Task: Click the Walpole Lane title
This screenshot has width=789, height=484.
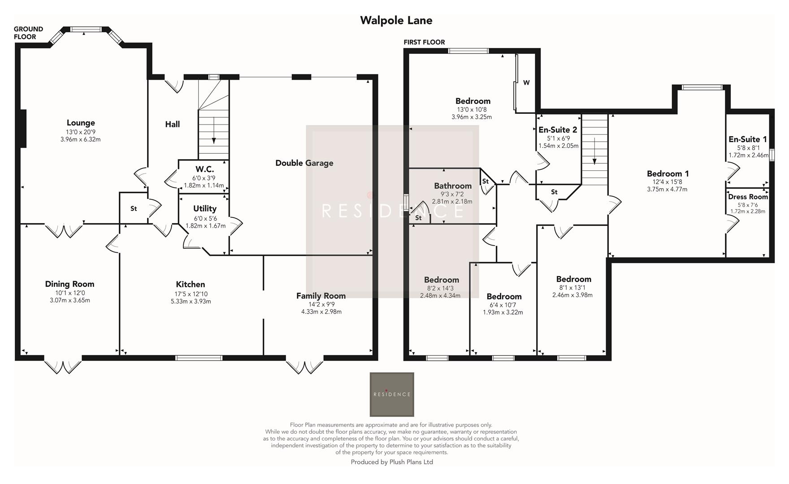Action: pos(396,20)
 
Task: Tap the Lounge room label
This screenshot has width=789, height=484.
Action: pos(81,123)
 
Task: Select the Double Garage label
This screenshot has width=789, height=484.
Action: pos(304,163)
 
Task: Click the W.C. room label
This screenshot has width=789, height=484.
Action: pos(204,169)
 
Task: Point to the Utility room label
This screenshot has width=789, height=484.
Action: pos(205,208)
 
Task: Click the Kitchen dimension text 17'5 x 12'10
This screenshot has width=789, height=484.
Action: pos(191,294)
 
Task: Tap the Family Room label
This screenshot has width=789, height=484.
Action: pos(321,296)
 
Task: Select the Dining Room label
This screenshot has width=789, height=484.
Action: pos(69,284)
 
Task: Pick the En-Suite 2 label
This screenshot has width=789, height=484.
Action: pos(558,130)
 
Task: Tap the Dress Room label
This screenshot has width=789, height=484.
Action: pos(748,197)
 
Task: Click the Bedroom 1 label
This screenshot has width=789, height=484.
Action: pos(668,174)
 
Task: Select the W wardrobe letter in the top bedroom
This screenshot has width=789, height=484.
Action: pos(526,82)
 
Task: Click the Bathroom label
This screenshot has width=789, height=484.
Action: pos(452,186)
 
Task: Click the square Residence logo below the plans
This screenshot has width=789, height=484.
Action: pos(392,394)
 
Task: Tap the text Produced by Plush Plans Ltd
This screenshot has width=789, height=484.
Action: pos(391,462)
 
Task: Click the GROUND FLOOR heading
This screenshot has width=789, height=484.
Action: pos(28,33)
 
